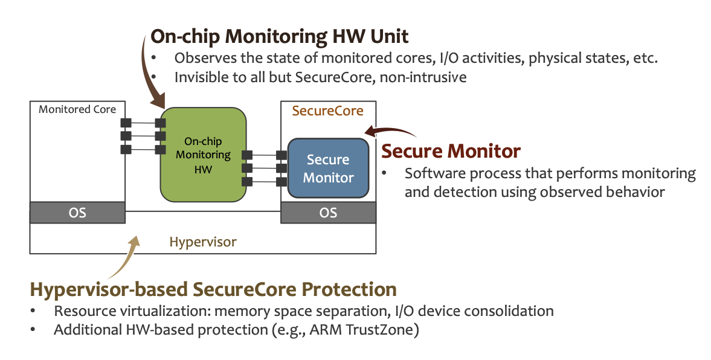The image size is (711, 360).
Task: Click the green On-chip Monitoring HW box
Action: (x=203, y=155)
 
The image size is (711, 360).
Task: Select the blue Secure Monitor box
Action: (x=328, y=169)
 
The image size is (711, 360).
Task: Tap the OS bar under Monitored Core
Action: (x=78, y=213)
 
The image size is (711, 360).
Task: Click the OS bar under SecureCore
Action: (x=328, y=213)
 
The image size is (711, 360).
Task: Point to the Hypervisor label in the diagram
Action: (x=203, y=242)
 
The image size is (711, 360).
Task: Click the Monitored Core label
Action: (x=77, y=109)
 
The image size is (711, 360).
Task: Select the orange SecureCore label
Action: (x=327, y=111)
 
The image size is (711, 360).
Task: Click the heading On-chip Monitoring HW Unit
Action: (x=279, y=36)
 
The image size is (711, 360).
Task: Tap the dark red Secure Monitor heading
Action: (x=451, y=150)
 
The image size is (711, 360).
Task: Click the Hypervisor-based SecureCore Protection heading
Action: (x=213, y=289)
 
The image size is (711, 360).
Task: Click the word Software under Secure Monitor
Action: (x=431, y=174)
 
